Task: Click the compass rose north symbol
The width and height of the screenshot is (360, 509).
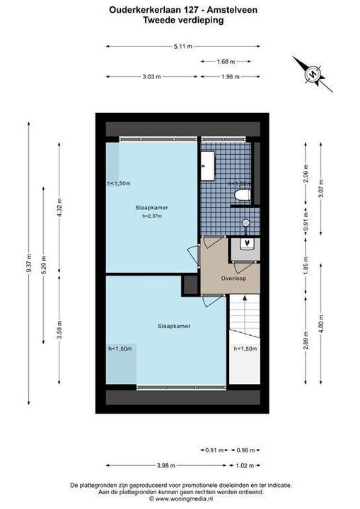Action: pyautogui.click(x=313, y=74)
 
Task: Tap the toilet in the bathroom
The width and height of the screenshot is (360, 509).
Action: pyautogui.click(x=243, y=195)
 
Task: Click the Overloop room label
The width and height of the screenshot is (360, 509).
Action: pyautogui.click(x=233, y=279)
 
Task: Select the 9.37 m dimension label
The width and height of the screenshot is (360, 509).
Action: pyautogui.click(x=29, y=262)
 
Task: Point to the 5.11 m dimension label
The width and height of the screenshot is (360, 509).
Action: pyautogui.click(x=183, y=47)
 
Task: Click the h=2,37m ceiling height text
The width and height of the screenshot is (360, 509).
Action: pyautogui.click(x=152, y=216)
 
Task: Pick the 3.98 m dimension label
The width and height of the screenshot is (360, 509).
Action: pyautogui.click(x=166, y=465)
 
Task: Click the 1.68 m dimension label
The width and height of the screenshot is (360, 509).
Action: pyautogui.click(x=226, y=62)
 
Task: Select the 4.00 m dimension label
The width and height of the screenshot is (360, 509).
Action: pyautogui.click(x=321, y=324)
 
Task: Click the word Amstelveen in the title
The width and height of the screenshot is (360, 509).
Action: pyautogui.click(x=232, y=10)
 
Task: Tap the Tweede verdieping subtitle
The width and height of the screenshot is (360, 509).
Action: pyautogui.click(x=184, y=20)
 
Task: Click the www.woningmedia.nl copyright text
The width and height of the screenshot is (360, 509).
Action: pyautogui.click(x=181, y=498)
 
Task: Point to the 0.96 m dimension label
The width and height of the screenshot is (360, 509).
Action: pyautogui.click(x=245, y=450)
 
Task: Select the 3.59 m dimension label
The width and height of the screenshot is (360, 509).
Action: pyautogui.click(x=59, y=330)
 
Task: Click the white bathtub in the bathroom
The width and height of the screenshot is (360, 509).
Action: pyautogui.click(x=208, y=166)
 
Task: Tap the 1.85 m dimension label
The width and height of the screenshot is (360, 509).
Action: pyautogui.click(x=306, y=266)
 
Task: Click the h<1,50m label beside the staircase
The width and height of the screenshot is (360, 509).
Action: pyautogui.click(x=245, y=349)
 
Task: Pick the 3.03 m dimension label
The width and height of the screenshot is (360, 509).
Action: pyautogui.click(x=152, y=76)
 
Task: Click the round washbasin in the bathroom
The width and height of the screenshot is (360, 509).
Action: pyautogui.click(x=246, y=223)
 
